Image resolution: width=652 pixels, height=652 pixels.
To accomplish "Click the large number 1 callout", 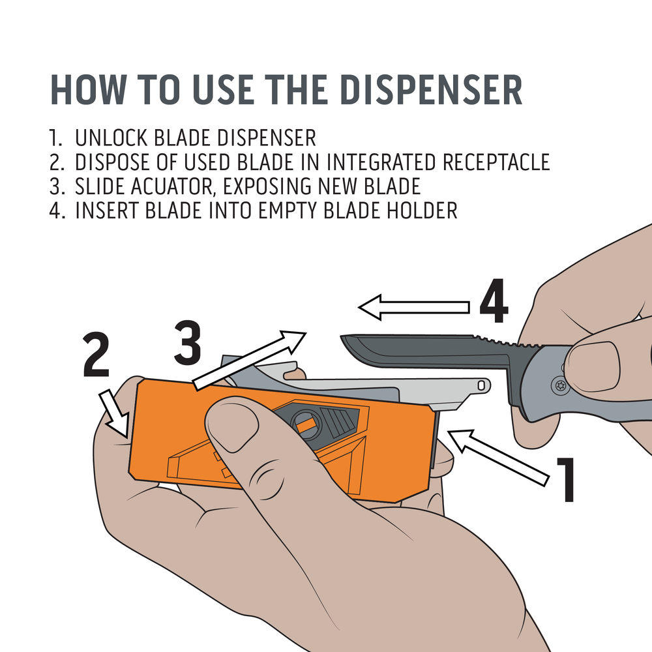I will [x=564, y=481].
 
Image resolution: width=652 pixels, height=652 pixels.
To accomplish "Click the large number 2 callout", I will [x=96, y=354].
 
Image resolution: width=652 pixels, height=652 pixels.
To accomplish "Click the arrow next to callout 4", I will [x=414, y=306].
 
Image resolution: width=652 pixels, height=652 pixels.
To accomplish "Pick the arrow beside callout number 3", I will [x=251, y=361].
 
